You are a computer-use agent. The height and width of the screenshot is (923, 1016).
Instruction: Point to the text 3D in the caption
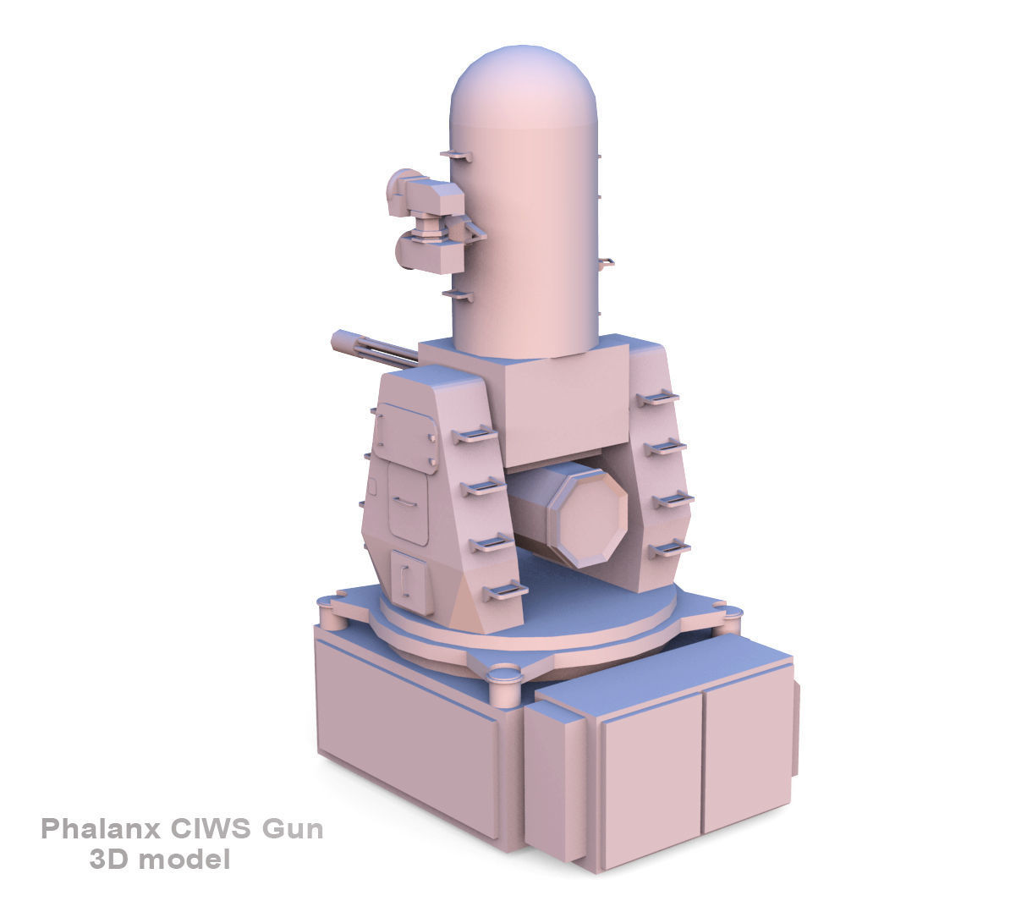tap(108, 860)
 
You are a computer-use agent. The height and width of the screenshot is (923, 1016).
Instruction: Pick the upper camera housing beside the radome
tap(428, 195)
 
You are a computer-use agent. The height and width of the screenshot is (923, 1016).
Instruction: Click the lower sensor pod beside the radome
tap(427, 251)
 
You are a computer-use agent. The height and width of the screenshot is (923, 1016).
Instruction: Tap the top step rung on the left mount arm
tap(475, 436)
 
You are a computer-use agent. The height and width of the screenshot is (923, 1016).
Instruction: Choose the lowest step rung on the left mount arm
tap(505, 590)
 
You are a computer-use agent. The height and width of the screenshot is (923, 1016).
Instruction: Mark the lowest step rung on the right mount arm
tap(669, 550)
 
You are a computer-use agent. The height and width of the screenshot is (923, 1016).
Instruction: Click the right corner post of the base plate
tap(727, 620)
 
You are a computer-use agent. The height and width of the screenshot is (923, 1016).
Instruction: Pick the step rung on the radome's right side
tap(606, 263)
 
